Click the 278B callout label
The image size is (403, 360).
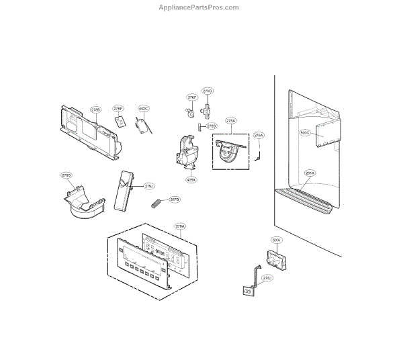pyautogui.click(x=95, y=109)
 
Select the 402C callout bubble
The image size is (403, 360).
pyautogui.click(x=143, y=108)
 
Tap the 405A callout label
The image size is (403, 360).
pyautogui.click(x=191, y=179)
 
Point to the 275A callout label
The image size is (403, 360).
pyautogui.click(x=230, y=121)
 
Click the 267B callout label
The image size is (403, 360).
pyautogui.click(x=174, y=199)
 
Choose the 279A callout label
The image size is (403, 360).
pyautogui.click(x=179, y=226)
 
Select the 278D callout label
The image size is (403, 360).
pyautogui.click(x=66, y=175)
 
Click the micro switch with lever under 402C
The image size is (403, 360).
pyautogui.click(x=142, y=127)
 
